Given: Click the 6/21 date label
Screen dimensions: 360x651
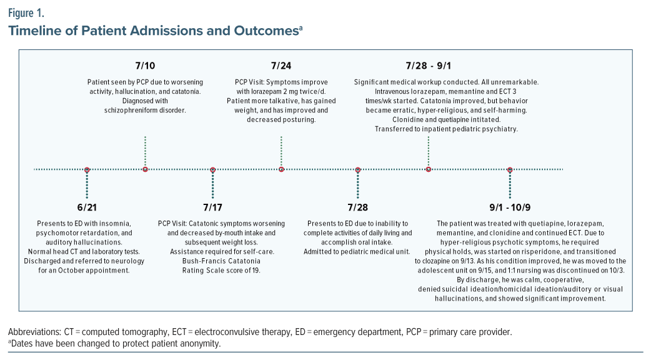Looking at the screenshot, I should tap(87, 207).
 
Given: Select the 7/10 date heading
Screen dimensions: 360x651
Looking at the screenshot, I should tap(145, 66).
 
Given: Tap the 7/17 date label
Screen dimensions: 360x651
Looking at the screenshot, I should tap(213, 207).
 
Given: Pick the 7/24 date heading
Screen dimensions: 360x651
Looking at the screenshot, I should tap(281, 66).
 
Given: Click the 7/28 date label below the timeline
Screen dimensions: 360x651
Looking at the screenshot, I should tap(358, 207).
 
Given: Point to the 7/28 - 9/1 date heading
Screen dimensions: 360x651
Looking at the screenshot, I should tap(429, 66).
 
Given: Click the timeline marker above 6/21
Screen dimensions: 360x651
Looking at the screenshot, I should tap(87, 169).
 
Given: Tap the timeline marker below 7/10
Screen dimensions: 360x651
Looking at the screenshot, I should tap(145, 169).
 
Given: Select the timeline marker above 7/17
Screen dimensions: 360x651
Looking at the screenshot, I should tap(213, 169).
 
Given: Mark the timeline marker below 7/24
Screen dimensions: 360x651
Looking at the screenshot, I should tap(281, 169).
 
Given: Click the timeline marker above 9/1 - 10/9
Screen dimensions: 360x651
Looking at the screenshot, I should tap(510, 169).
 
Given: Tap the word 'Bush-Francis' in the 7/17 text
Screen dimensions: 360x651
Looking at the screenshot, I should tap(187, 262).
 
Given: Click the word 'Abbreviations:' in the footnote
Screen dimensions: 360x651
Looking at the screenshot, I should tap(34, 331).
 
